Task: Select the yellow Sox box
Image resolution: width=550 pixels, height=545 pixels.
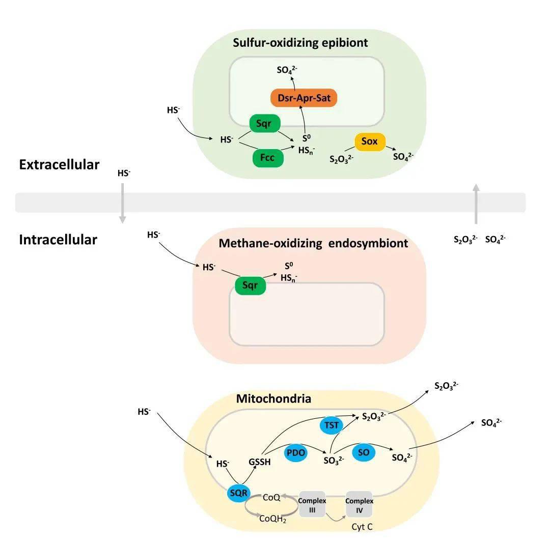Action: [x=369, y=141]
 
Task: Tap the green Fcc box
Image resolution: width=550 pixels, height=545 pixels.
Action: [x=267, y=158]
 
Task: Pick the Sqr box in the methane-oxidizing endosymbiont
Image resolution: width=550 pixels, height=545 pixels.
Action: [x=250, y=286]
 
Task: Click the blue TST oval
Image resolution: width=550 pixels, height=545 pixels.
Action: [x=331, y=425]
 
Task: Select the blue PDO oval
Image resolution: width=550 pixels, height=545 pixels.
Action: [x=295, y=452]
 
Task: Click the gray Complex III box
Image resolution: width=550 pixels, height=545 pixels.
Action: [x=312, y=504]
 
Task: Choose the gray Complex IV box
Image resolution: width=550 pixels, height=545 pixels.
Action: [x=360, y=504]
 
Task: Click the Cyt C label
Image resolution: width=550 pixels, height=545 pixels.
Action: [x=362, y=527]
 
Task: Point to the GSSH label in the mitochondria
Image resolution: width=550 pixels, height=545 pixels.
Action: [x=260, y=462]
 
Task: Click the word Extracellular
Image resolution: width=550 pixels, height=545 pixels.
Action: [x=59, y=165]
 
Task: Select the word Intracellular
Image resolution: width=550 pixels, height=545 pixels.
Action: [x=58, y=240]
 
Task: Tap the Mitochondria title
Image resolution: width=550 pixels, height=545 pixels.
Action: [x=273, y=398]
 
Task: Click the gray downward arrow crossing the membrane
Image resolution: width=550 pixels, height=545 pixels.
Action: [x=123, y=203]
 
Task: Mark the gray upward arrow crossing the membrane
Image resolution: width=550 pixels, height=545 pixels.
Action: [x=476, y=204]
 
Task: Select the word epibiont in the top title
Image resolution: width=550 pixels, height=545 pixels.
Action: [x=344, y=43]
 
